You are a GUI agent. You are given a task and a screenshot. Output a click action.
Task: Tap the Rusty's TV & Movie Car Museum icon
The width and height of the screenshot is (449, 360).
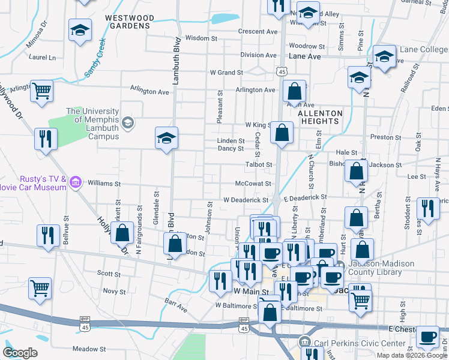76,182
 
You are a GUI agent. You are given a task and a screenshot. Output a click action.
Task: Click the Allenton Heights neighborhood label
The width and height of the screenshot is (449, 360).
320,117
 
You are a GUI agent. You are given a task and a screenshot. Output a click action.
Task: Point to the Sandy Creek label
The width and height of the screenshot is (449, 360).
95,58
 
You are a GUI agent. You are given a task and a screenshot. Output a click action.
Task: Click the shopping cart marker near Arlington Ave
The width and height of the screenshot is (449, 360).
42,92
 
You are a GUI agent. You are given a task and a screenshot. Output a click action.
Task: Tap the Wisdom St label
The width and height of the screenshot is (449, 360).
201,38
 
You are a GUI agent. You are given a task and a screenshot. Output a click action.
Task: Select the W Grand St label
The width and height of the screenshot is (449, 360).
225,73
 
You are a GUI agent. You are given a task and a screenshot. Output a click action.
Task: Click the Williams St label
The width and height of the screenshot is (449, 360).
104,184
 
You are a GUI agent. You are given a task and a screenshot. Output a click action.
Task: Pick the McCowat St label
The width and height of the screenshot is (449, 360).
254,184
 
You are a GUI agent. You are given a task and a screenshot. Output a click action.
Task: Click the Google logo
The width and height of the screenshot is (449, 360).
20,353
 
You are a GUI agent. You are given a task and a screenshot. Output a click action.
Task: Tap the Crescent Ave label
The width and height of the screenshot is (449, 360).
258,31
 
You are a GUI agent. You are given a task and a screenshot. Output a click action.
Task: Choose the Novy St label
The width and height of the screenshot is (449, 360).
113,292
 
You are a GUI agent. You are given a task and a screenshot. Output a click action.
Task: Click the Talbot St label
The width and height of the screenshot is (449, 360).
259,164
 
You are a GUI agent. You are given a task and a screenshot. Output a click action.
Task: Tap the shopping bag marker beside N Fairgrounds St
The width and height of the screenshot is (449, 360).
123,233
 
